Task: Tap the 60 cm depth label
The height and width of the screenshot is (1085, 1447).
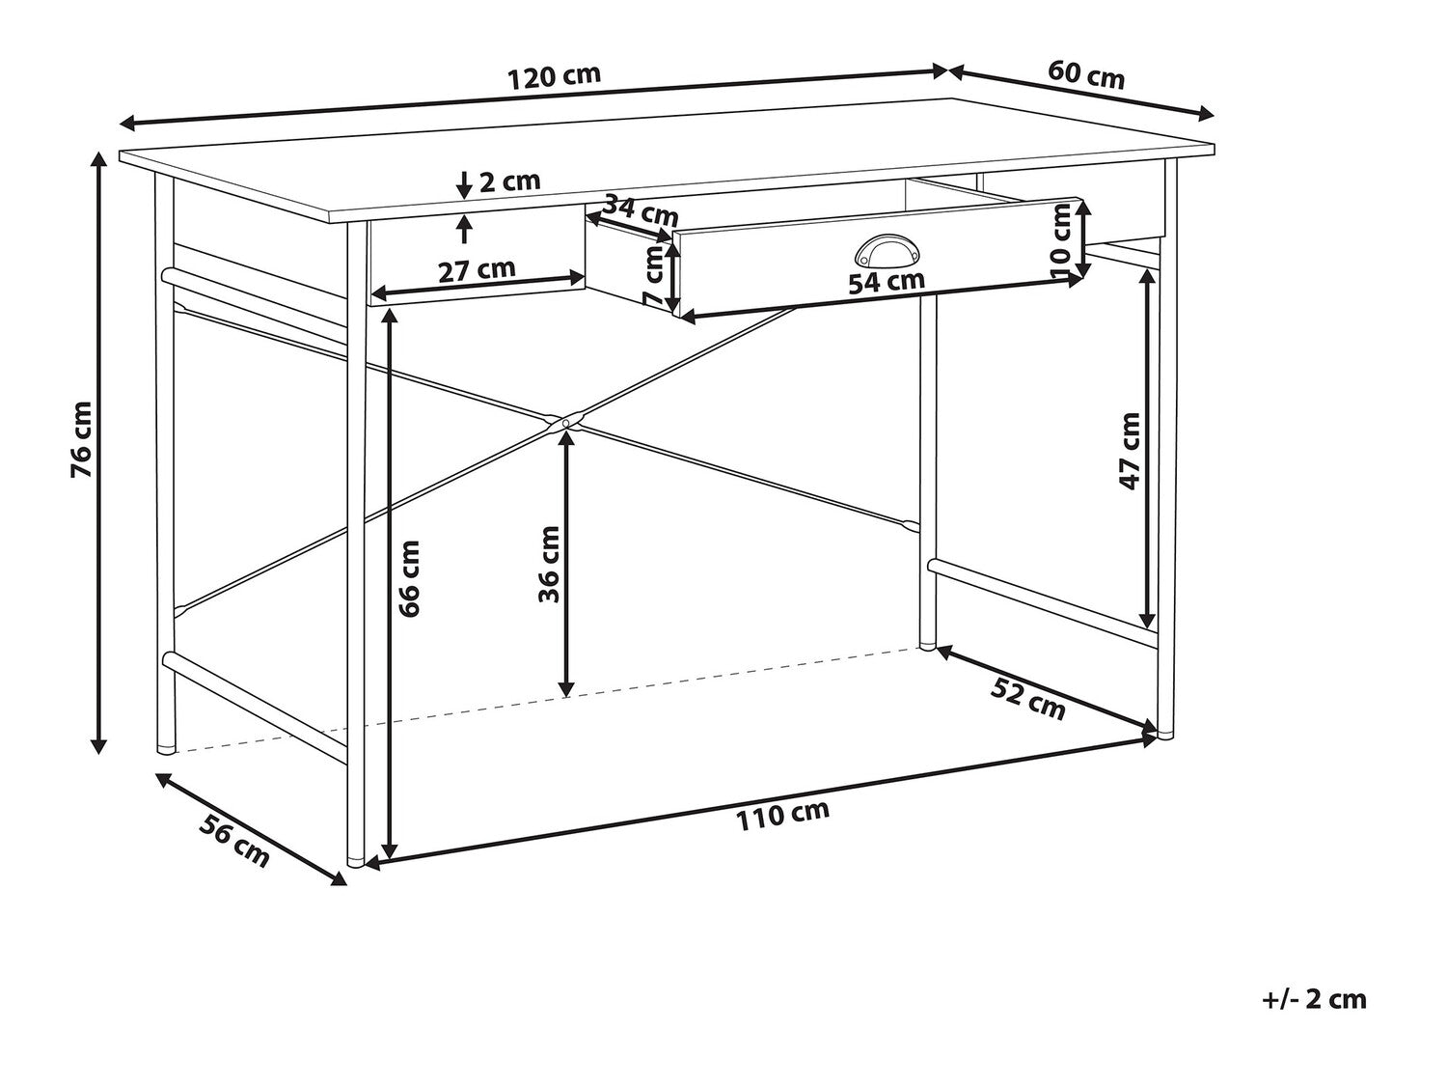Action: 1086,74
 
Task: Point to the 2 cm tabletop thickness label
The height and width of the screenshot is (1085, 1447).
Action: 509,181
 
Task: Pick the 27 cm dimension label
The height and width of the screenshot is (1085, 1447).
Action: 478,269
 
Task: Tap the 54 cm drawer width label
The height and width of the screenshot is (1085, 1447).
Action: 887,281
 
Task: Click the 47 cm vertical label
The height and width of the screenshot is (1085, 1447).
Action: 1130,451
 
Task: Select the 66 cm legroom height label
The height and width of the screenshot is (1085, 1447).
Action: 409,578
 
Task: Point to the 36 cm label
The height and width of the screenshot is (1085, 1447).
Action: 549,564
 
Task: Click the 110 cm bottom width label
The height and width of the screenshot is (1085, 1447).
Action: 781,816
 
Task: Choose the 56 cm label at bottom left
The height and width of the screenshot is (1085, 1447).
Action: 234,841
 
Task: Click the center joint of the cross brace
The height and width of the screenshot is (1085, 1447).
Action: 565,422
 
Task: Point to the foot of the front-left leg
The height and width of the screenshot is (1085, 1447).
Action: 355,861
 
